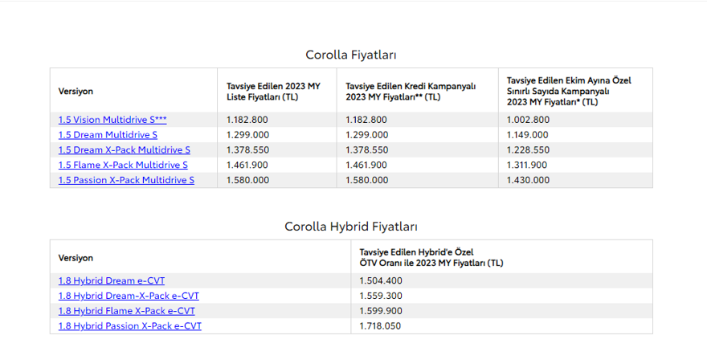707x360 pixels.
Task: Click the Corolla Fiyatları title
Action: [x=351, y=55]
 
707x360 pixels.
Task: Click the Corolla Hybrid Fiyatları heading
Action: [x=351, y=227]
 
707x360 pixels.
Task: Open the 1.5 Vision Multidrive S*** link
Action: [x=112, y=120]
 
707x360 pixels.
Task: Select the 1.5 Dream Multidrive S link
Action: [x=108, y=135]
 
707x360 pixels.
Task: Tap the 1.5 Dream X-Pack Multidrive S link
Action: [x=124, y=150]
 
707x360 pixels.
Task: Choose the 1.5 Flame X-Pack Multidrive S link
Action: [x=123, y=166]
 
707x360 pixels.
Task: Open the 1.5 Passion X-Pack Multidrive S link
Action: [x=126, y=181]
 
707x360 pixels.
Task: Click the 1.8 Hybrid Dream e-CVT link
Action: [x=112, y=280]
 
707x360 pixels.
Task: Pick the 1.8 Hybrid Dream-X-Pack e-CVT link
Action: [x=129, y=296]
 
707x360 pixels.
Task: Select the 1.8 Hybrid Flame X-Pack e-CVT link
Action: [x=126, y=311]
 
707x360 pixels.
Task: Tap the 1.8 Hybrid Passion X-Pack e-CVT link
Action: [x=130, y=326]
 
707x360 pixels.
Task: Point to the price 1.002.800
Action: [x=528, y=120]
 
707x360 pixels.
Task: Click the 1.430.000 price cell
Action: [x=528, y=181]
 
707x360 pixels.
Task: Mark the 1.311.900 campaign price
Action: [x=528, y=166]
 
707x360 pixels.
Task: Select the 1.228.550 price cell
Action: [x=528, y=150]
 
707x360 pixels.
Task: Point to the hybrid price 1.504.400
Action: [x=381, y=280]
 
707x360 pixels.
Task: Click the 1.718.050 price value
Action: [x=381, y=326]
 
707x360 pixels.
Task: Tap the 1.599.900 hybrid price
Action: [x=381, y=311]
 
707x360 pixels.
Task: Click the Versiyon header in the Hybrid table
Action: [x=76, y=258]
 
